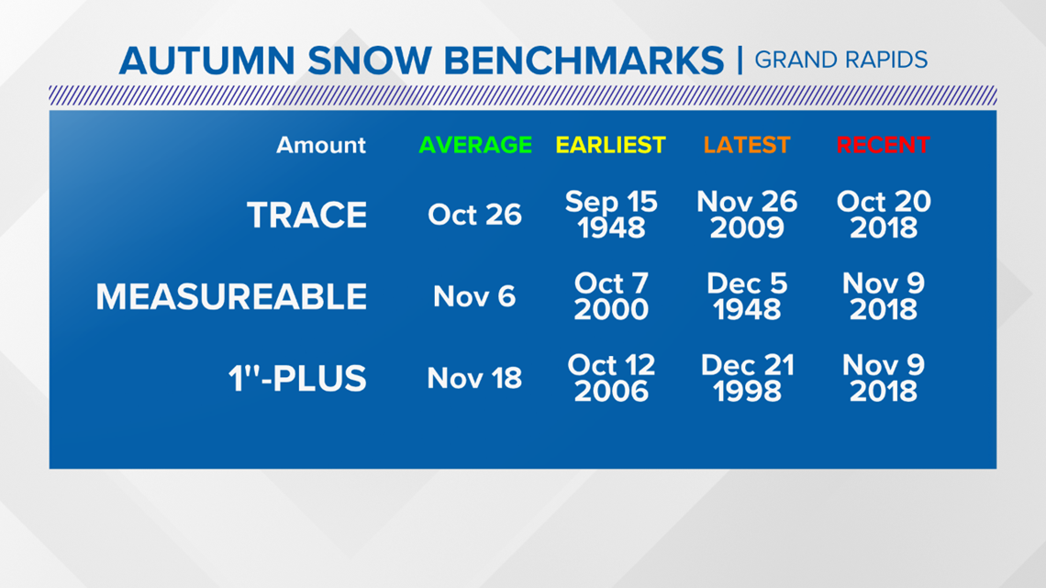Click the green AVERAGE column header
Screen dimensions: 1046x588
[475, 145]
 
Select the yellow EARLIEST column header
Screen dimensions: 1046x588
[610, 145]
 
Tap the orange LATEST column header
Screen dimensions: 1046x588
[747, 145]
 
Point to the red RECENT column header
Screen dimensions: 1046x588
[884, 145]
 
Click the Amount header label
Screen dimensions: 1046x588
[321, 145]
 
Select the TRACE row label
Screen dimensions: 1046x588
[306, 215]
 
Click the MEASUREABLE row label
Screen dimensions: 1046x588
[231, 296]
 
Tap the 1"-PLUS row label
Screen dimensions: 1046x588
[297, 378]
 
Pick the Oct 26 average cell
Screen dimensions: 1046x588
[474, 215]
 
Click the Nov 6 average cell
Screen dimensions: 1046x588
[474, 296]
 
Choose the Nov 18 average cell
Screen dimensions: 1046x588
[474, 378]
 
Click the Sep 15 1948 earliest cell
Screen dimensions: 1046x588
[611, 215]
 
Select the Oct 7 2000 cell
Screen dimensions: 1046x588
[611, 296]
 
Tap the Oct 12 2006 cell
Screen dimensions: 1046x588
[611, 378]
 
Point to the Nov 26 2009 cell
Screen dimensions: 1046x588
[747, 215]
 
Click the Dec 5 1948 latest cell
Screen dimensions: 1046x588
[747, 296]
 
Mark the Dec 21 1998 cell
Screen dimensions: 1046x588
[747, 378]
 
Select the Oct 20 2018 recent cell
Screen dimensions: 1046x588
[884, 215]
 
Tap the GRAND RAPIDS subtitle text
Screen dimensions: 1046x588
[841, 60]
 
